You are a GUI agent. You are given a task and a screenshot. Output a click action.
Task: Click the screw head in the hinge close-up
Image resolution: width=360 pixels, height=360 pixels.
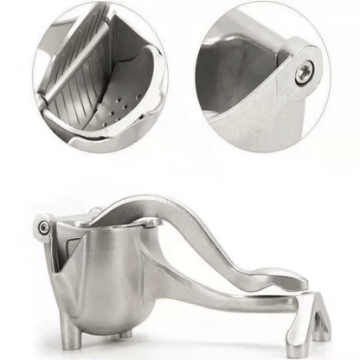(x=304, y=74)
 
